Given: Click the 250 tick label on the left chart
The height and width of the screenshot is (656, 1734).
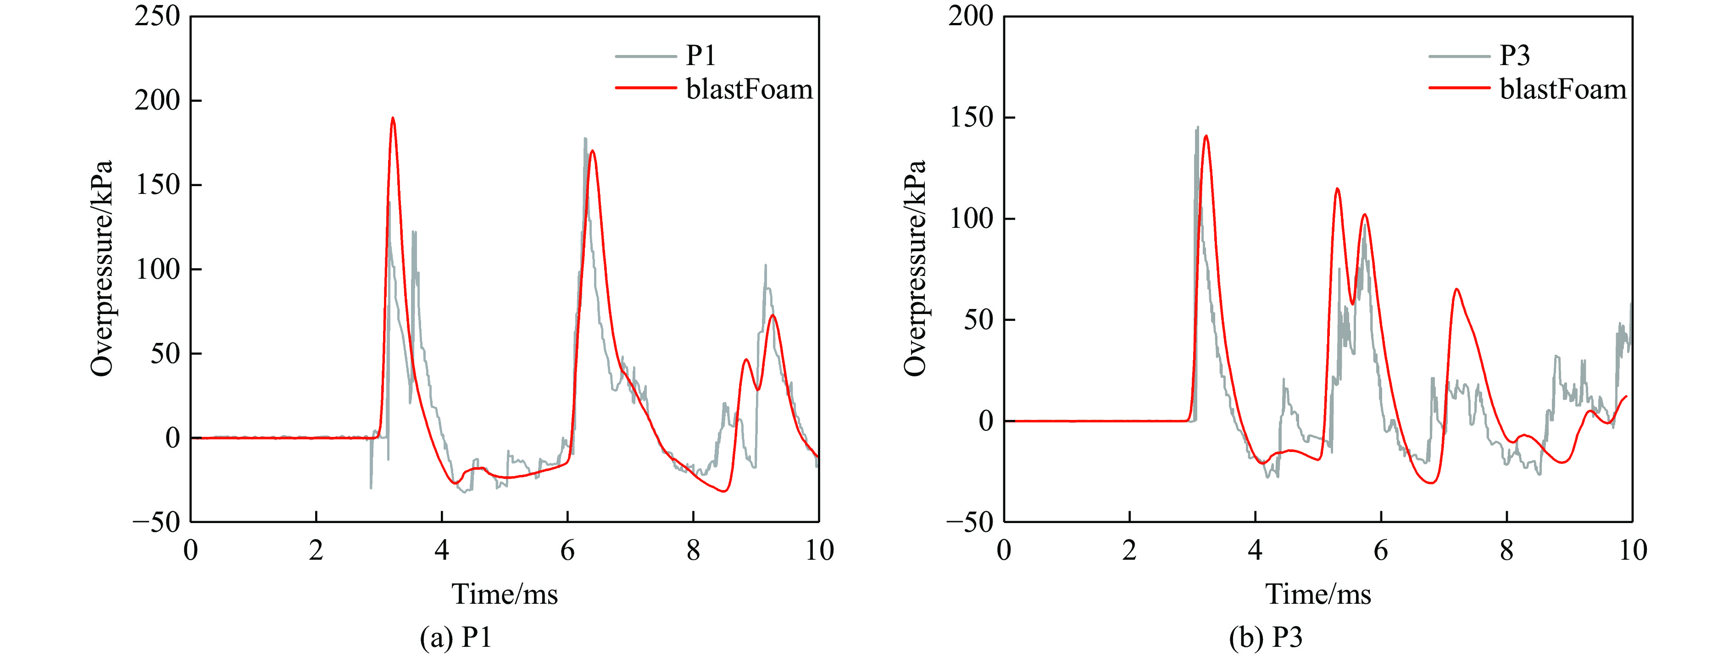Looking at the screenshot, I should coord(157,16).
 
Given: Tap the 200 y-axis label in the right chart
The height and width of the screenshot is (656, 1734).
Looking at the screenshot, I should coord(971,16).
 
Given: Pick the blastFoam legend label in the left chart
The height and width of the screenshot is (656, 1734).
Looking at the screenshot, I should coord(749,89).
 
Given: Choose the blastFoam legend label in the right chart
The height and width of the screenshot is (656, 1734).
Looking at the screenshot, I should coord(1563,89).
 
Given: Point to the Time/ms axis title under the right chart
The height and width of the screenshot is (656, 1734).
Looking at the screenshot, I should coord(1318,594).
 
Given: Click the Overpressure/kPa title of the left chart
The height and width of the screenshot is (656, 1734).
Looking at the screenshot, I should coord(102,269).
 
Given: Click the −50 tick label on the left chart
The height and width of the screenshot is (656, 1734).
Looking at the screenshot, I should coord(157,522).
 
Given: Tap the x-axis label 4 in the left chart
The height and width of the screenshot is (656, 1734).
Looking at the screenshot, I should coord(442,551).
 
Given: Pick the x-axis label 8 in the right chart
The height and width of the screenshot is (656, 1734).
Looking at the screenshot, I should coord(1506,551).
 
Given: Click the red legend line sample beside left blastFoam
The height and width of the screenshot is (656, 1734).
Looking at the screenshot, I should coord(645,88).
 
